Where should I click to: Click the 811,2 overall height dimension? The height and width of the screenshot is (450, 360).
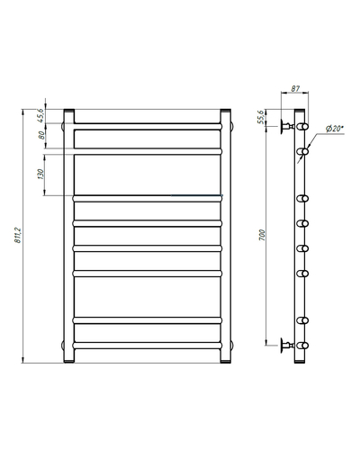(18, 235)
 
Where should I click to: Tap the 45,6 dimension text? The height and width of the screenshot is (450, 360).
(41, 115)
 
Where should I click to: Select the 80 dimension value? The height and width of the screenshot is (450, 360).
(41, 135)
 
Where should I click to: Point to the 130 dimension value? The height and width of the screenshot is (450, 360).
(40, 174)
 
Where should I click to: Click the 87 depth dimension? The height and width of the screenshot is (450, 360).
(295, 88)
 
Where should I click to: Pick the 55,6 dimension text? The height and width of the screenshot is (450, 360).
(261, 117)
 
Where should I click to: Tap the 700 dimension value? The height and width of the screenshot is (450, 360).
(262, 236)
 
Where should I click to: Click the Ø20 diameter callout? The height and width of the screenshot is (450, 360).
(335, 129)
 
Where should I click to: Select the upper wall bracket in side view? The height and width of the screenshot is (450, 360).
(287, 127)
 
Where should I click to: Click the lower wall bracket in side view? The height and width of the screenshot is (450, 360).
(287, 346)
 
